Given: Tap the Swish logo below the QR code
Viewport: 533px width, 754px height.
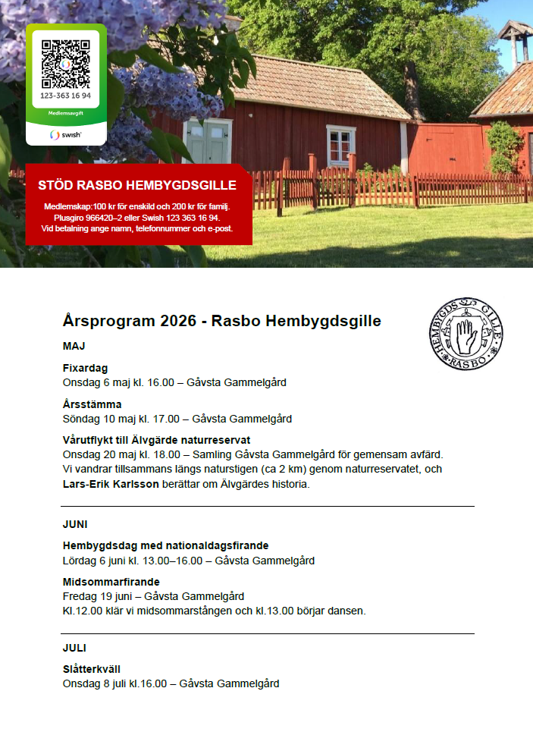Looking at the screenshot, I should tap(66, 134).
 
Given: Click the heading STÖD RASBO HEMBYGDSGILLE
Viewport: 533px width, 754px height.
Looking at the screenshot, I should tap(137, 185).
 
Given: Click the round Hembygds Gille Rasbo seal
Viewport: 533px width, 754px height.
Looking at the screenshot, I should tap(465, 334).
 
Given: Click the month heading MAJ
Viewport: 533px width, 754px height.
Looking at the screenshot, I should tap(74, 347).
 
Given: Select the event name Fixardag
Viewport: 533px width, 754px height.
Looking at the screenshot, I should tap(85, 368).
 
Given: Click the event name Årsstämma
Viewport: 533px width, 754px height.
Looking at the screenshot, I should tap(92, 404).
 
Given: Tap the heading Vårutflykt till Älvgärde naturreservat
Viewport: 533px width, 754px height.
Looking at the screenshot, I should tap(156, 440).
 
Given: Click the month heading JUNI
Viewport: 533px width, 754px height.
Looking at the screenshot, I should tap(76, 524).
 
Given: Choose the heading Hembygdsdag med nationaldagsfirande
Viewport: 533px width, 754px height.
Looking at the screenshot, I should tap(165, 545).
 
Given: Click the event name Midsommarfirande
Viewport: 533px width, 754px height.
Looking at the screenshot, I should tap(111, 582).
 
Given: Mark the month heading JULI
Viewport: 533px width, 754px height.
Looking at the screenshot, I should tap(74, 648).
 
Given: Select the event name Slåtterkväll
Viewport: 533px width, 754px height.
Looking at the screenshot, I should tap(91, 669).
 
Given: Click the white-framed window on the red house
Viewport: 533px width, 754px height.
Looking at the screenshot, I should tap(340, 144).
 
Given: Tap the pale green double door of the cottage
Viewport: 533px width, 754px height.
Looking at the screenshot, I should tap(207, 142).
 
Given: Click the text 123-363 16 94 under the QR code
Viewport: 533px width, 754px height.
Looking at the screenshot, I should tap(66, 96).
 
